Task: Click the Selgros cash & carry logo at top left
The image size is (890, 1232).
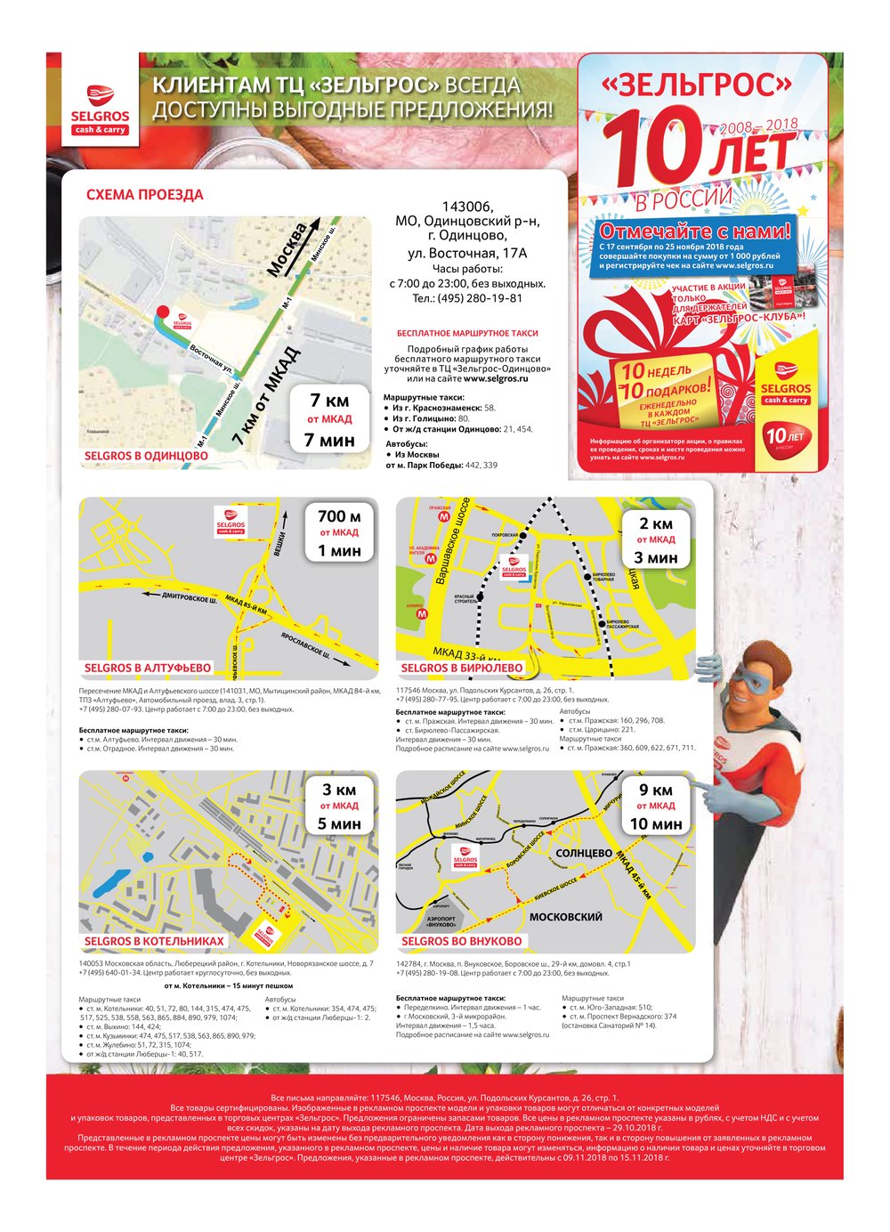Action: pyautogui.click(x=100, y=108)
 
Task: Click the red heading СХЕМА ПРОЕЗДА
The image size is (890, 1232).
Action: pyautogui.click(x=144, y=195)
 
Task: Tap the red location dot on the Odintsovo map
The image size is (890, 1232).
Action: pyautogui.click(x=162, y=311)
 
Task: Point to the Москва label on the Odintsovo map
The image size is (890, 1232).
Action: pyautogui.click(x=287, y=249)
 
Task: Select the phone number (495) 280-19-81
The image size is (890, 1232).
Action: pyautogui.click(x=467, y=298)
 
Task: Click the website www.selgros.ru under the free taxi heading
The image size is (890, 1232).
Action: pyautogui.click(x=496, y=378)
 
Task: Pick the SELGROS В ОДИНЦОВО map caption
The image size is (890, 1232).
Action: pyautogui.click(x=146, y=456)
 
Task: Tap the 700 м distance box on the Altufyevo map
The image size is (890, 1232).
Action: pyautogui.click(x=339, y=532)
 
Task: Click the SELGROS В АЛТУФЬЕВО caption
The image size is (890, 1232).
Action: pyautogui.click(x=148, y=668)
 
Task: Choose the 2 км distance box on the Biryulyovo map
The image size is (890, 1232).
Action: pyautogui.click(x=656, y=540)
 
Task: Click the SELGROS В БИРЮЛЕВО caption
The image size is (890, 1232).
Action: pyautogui.click(x=462, y=668)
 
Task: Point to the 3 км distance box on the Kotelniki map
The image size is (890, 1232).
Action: pyautogui.click(x=339, y=806)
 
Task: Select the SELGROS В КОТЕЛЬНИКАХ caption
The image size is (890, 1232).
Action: pyautogui.click(x=154, y=941)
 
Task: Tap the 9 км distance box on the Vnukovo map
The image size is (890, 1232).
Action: pyautogui.click(x=656, y=806)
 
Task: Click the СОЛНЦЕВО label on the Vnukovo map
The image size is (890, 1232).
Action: pyautogui.click(x=583, y=853)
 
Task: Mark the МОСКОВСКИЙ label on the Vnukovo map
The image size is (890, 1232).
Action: pyautogui.click(x=565, y=917)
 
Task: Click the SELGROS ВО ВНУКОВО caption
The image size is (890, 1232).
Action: pyautogui.click(x=461, y=941)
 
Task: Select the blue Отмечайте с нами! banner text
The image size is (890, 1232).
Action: pyautogui.click(x=695, y=231)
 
